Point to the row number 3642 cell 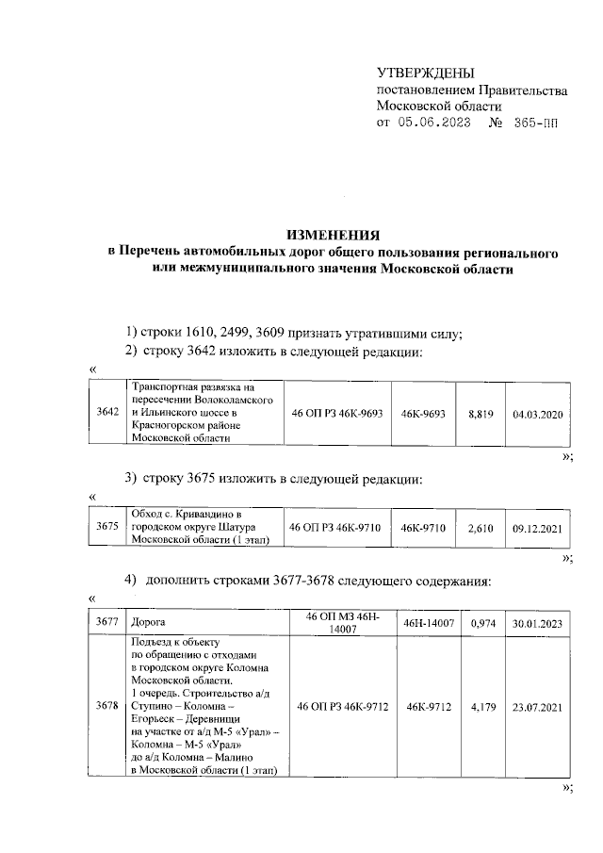(107, 413)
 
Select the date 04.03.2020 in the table (536, 413)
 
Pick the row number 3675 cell (107, 529)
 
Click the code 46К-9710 (421, 529)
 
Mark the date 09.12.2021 (536, 529)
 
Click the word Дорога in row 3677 (150, 623)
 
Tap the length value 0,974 (481, 623)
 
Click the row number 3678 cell (107, 705)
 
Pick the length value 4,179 (481, 705)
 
